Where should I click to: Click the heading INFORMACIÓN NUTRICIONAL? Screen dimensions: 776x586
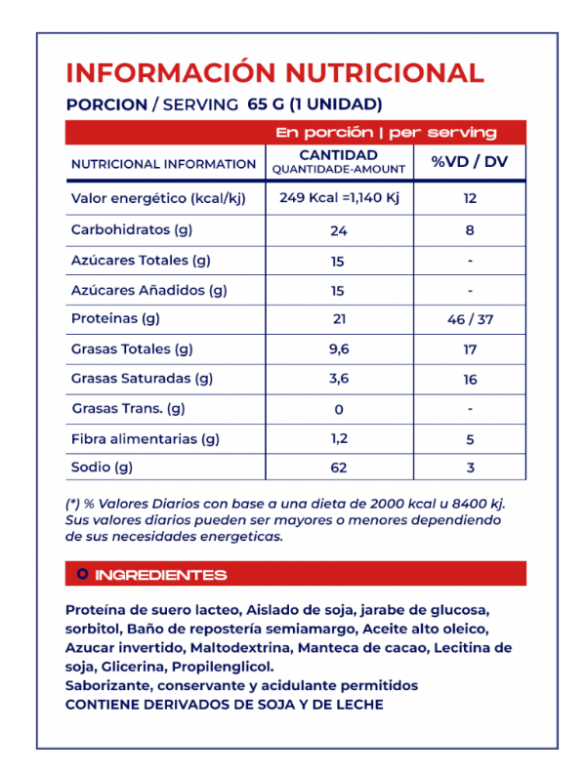click(x=274, y=73)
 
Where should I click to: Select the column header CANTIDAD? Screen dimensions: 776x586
click(x=338, y=155)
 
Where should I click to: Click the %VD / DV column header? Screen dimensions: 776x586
click(x=470, y=162)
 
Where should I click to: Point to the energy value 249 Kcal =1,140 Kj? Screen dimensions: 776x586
click(x=338, y=198)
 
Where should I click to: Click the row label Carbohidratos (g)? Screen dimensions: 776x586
click(x=128, y=230)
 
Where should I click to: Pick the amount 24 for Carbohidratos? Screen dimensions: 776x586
click(x=338, y=231)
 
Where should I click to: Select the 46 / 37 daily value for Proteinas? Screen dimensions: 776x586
click(x=470, y=319)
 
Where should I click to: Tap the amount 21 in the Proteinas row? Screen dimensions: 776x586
click(x=338, y=319)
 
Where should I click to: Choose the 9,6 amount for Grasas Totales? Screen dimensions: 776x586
click(x=338, y=348)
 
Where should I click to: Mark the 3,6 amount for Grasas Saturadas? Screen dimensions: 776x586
click(x=338, y=379)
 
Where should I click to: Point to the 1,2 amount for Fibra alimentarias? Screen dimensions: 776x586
click(x=338, y=439)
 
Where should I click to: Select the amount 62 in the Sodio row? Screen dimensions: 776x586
click(x=338, y=469)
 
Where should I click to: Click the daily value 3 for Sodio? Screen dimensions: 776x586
click(x=470, y=469)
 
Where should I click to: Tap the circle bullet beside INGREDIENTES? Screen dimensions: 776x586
click(x=82, y=575)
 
